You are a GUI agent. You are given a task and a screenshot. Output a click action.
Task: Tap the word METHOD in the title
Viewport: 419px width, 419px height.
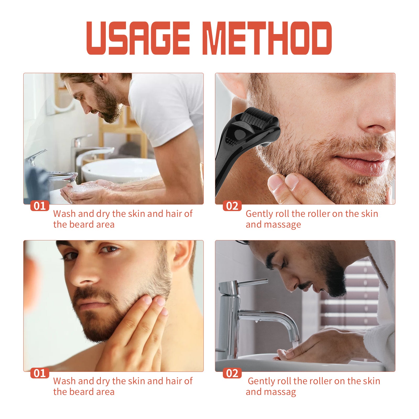tap(267, 38)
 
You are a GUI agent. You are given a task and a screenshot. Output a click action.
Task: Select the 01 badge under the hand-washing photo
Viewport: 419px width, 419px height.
tap(40, 206)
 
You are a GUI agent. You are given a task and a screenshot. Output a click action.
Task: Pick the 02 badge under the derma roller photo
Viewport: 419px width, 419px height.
tap(232, 206)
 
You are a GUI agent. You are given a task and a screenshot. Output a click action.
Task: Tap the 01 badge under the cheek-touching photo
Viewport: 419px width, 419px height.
tap(40, 373)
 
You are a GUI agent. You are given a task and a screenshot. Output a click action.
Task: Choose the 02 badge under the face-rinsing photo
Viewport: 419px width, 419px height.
tap(232, 373)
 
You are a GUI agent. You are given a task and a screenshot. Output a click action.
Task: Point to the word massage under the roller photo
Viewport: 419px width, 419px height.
tap(286, 225)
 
